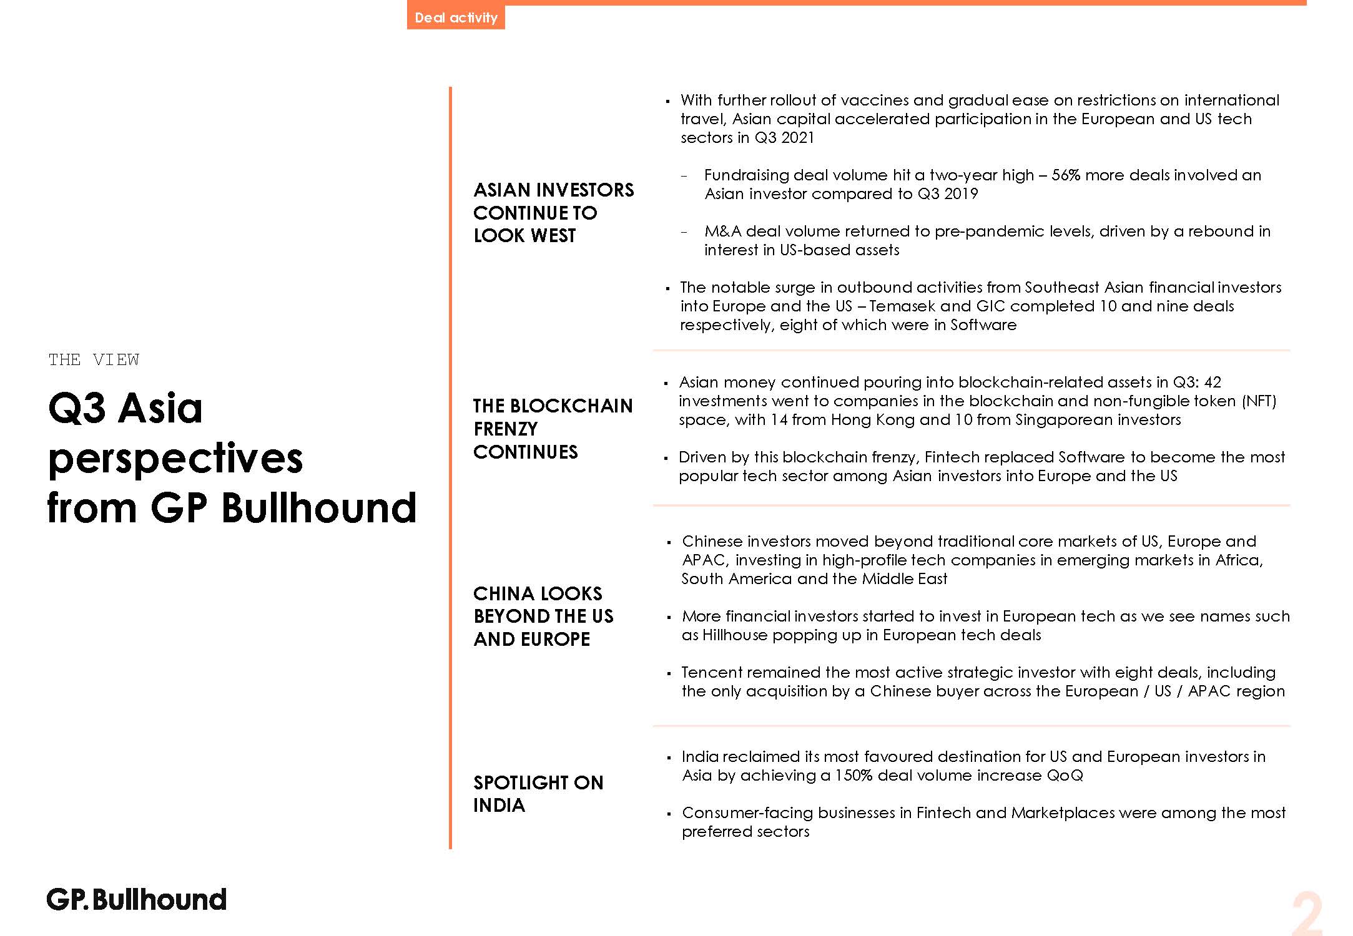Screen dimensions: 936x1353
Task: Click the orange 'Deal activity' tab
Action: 456,17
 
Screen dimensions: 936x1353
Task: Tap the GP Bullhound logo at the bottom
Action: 137,900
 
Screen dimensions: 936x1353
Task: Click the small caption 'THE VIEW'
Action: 94,360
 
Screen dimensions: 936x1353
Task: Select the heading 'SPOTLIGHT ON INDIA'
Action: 538,794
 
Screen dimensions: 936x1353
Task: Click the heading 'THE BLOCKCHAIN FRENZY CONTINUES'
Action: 553,429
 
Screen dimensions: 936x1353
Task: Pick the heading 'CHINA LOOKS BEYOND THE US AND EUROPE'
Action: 543,616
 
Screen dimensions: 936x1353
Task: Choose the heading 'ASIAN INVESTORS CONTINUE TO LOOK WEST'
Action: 553,212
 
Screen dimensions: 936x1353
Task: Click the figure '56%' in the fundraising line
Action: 1066,175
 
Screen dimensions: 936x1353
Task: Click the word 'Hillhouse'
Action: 735,635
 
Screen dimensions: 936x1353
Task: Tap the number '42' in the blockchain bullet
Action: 1213,382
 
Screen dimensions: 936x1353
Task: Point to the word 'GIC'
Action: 991,306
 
